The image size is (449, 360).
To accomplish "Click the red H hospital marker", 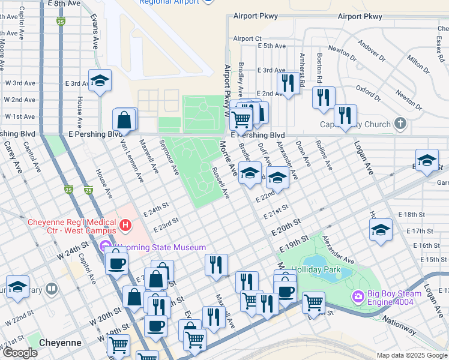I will point(125,226).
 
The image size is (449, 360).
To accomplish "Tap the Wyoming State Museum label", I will point(159,247).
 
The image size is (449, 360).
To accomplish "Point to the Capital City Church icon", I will point(400,125).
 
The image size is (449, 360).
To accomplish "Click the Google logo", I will point(19,353).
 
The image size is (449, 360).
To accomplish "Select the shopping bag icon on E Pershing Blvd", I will point(124,120).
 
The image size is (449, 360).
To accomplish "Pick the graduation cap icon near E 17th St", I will point(381,230).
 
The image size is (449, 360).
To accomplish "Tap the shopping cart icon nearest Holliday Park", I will point(313,302).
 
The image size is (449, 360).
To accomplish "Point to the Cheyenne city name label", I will point(60,343).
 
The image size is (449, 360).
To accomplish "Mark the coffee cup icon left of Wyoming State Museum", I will point(116,262).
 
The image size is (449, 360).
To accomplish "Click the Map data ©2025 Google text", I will point(412,355).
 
